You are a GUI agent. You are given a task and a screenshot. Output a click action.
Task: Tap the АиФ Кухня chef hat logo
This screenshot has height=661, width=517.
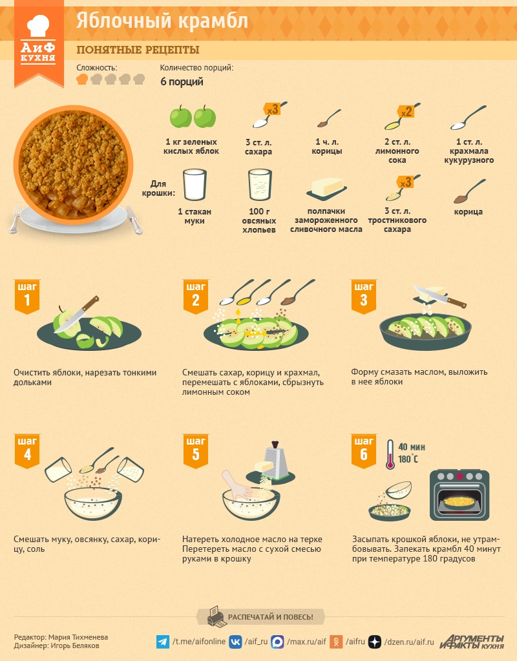(x=38, y=39)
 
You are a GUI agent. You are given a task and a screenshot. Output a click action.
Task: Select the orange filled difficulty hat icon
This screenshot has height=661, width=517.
(x=82, y=79)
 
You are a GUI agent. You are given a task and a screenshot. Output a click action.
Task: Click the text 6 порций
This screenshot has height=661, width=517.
(x=182, y=82)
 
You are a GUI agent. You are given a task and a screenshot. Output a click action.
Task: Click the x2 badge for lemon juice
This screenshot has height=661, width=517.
(x=406, y=112)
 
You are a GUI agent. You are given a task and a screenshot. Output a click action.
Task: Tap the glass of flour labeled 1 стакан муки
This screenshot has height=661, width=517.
(x=195, y=185)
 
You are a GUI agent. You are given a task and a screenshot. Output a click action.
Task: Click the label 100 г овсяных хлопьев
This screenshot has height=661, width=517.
(x=259, y=220)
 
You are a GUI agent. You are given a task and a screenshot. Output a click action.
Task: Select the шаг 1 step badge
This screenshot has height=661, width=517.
(x=27, y=296)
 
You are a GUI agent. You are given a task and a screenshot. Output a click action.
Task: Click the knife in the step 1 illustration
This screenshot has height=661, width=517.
(x=77, y=314)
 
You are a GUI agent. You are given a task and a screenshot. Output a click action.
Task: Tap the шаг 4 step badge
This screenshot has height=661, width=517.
(x=27, y=450)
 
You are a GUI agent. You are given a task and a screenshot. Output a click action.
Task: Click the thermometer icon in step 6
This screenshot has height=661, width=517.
(x=390, y=454)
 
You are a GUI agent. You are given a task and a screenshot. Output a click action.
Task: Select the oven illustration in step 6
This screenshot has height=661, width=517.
(x=459, y=495)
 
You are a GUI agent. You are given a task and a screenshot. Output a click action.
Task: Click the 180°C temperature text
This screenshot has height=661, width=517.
(x=408, y=459)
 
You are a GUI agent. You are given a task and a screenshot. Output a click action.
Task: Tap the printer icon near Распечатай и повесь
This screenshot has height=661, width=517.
(x=216, y=616)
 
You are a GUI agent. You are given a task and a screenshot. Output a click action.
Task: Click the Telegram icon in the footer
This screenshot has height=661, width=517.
(x=163, y=642)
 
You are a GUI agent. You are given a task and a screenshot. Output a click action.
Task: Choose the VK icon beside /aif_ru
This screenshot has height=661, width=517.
(x=235, y=642)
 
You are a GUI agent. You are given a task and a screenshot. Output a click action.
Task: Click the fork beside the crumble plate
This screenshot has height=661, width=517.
(x=15, y=218)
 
